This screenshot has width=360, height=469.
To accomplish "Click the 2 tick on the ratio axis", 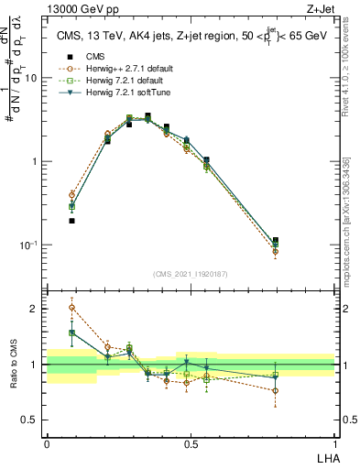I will pos(37,309).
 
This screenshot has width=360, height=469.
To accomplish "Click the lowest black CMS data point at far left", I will pos(71,221).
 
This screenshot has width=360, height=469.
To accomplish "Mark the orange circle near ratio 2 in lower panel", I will pos(71,308).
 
